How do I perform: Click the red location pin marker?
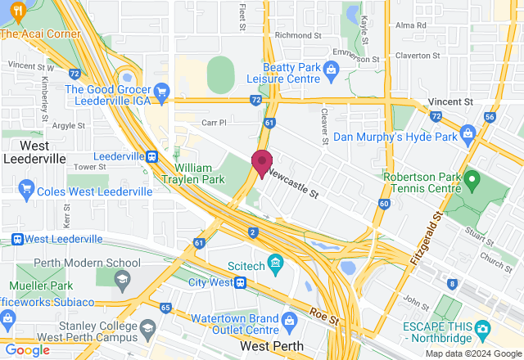(261, 163)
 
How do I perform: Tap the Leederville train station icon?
(151, 156)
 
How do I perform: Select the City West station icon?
(241, 283)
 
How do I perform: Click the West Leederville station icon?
(16, 239)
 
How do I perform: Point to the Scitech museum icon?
(275, 263)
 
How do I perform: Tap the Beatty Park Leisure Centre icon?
(331, 69)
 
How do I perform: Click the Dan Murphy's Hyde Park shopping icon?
(468, 132)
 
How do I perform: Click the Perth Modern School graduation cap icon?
(120, 278)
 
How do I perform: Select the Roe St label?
(325, 315)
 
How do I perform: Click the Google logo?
(28, 350)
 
